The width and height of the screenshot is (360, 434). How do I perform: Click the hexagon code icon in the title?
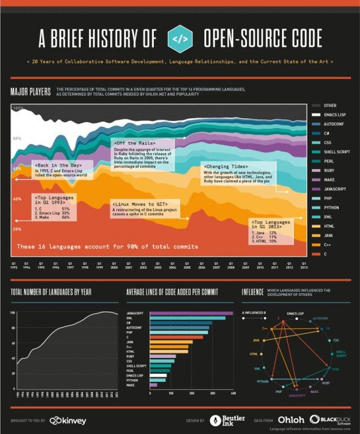click(x=180, y=38)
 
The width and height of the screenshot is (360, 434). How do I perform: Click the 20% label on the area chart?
click(x=17, y=229)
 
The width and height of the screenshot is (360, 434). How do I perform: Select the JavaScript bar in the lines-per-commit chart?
click(x=192, y=313)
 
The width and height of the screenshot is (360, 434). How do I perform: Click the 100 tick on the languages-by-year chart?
click(x=12, y=311)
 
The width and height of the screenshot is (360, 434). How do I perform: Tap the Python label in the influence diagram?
click(x=262, y=381)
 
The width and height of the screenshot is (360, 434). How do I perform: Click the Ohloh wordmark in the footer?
click(x=291, y=419)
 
